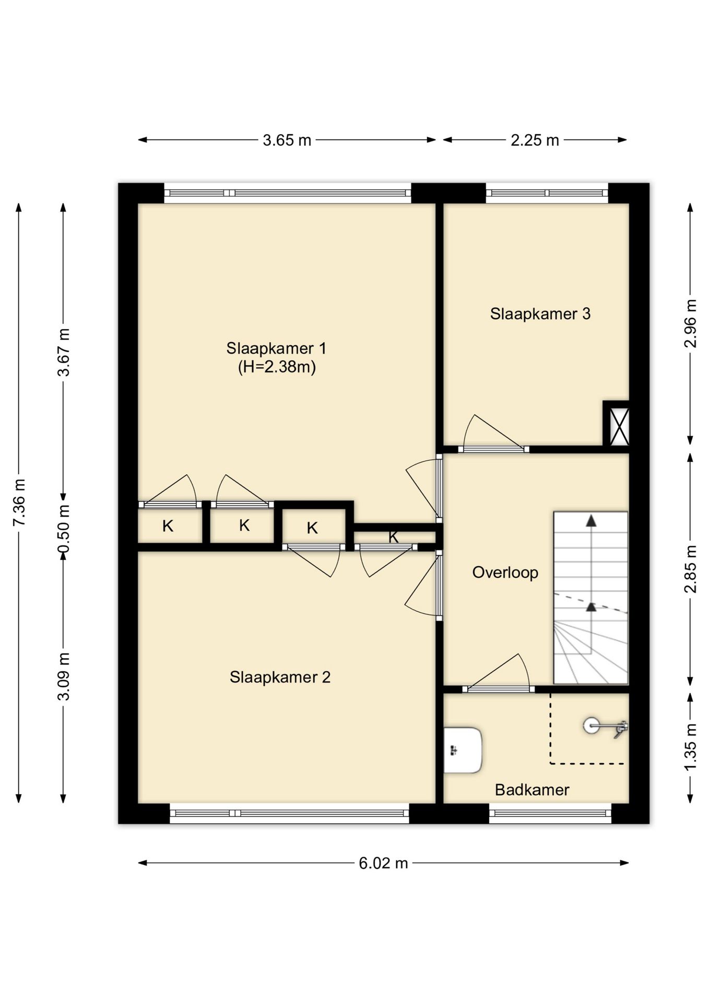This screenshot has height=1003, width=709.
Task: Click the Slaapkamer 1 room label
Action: [x=276, y=348]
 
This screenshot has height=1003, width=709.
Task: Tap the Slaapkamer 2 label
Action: [x=280, y=677]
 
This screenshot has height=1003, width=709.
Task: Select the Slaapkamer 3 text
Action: [x=540, y=313]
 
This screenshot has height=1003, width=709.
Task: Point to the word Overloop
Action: [x=505, y=573]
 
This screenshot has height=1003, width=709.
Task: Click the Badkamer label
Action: [x=532, y=789]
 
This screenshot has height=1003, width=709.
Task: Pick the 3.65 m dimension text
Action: [x=287, y=140]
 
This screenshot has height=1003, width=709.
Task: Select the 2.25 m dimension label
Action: [x=535, y=140]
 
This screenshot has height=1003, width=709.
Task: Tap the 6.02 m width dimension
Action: [x=383, y=863]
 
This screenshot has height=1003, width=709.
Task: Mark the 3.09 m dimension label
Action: [x=63, y=677]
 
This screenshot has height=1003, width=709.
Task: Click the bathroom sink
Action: [x=463, y=750]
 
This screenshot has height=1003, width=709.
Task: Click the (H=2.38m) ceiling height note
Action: [x=277, y=367]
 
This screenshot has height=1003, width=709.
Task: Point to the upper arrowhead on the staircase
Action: [x=591, y=521]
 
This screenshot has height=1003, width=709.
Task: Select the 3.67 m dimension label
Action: [x=63, y=352]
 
